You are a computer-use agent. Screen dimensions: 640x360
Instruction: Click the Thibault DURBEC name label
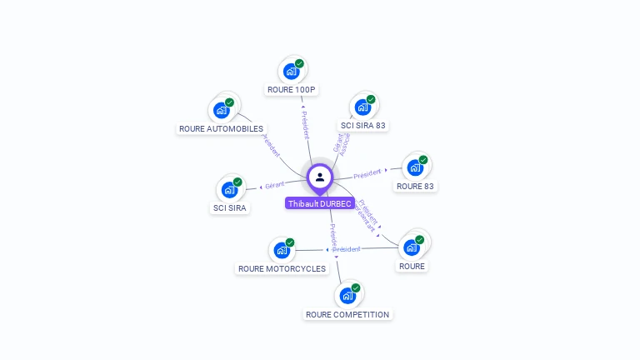tap(320, 203)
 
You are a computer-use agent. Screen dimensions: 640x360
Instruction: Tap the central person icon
tap(320, 177)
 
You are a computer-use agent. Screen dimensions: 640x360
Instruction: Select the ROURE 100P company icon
tap(291, 71)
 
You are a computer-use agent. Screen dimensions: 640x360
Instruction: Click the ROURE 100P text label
tap(292, 89)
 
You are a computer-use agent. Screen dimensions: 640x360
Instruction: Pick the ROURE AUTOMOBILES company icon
tap(221, 110)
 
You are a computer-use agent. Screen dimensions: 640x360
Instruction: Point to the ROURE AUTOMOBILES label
tap(221, 129)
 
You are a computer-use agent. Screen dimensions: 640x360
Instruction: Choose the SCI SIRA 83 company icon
tap(362, 107)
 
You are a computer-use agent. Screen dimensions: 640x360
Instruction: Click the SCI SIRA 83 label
tap(363, 126)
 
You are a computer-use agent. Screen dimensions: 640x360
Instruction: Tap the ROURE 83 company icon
tap(415, 167)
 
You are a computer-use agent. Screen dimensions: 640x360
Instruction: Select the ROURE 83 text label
tap(416, 187)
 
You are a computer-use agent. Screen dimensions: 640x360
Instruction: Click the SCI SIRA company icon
tap(229, 189)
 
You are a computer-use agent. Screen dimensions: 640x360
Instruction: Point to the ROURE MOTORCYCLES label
tap(282, 268)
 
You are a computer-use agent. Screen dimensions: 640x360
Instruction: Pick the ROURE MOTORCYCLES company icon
tap(282, 249)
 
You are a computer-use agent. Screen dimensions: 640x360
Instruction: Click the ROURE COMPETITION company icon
tap(347, 295)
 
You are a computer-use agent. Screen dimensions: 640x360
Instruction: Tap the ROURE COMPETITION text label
tap(347, 315)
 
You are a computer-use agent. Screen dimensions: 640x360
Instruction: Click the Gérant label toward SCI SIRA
tap(275, 184)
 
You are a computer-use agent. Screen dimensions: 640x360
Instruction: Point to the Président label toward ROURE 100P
tap(304, 124)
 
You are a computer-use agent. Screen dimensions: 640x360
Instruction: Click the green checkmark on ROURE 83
tap(423, 160)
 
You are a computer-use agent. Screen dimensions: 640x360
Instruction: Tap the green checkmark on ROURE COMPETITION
tap(356, 287)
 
